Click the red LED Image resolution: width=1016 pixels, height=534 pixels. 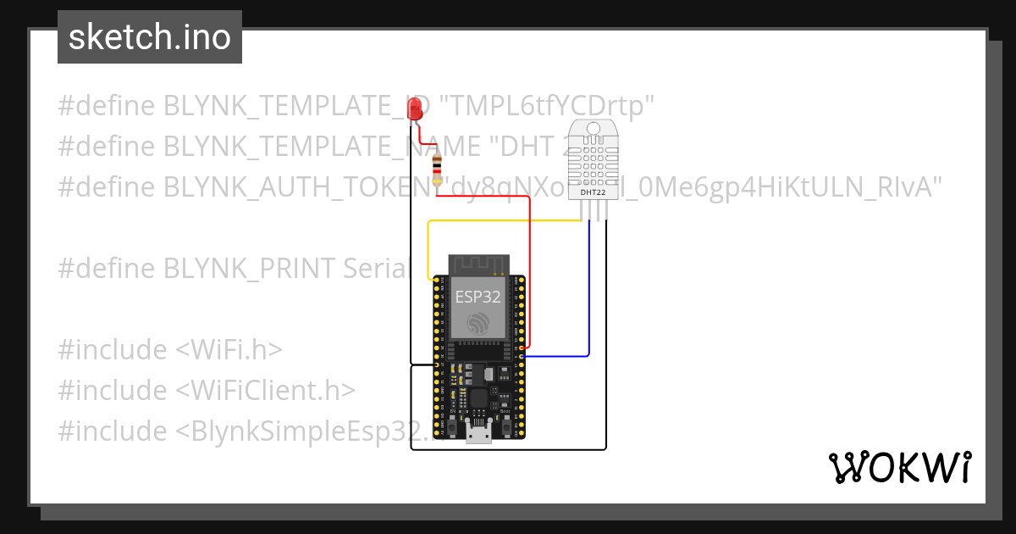pyautogui.click(x=415, y=108)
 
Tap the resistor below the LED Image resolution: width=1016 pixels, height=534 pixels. pyautogui.click(x=437, y=170)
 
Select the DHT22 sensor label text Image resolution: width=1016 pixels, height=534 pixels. pyautogui.click(x=593, y=192)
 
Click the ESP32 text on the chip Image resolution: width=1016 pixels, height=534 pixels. pyautogui.click(x=478, y=297)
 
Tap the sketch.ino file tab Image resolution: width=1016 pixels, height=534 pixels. pyautogui.click(x=150, y=37)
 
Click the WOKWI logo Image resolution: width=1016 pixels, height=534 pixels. pyautogui.click(x=899, y=467)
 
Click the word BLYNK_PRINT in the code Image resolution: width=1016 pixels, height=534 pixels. pyautogui.click(x=250, y=269)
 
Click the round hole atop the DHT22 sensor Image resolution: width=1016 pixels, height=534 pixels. pyautogui.click(x=593, y=128)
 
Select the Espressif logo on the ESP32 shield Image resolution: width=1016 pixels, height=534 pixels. pyautogui.click(x=478, y=322)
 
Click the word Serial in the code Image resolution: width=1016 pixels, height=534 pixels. pyautogui.click(x=377, y=269)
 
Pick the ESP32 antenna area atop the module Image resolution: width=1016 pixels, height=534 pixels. pyautogui.click(x=478, y=264)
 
